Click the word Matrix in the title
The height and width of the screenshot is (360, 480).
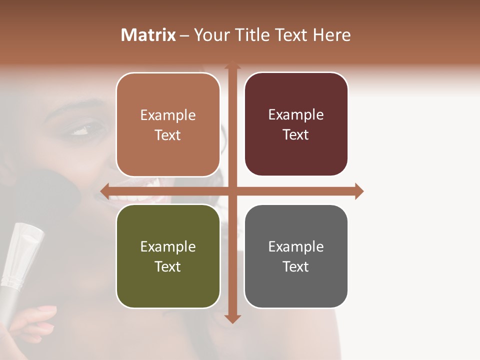point(148,35)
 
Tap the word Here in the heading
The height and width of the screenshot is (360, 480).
point(331,35)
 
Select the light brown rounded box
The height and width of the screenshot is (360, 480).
point(168,125)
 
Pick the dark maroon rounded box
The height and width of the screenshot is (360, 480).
point(296,124)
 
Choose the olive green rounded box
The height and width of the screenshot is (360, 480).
point(168,256)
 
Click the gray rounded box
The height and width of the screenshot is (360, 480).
point(296,256)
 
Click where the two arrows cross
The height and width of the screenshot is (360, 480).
point(232,191)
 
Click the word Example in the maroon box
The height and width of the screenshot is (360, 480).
point(296,115)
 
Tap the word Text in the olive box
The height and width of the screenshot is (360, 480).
point(167,266)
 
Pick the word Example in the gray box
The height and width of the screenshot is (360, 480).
point(296,246)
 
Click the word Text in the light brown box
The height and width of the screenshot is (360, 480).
point(167,135)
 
